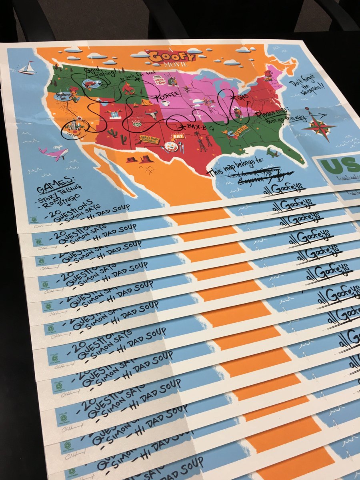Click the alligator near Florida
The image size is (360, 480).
(274, 152)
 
